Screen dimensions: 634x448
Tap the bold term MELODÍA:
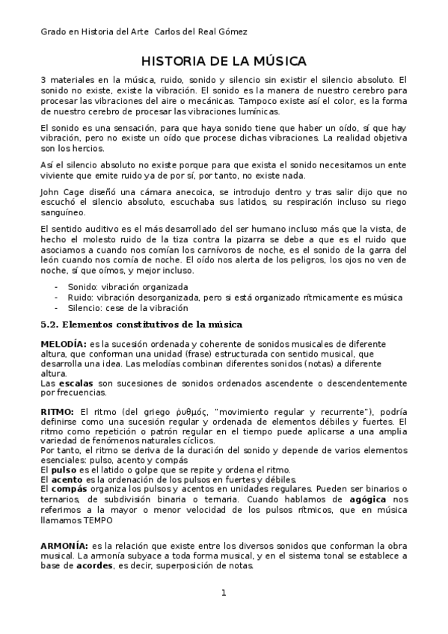coord(62,342)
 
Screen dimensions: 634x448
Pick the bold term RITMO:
coord(57,412)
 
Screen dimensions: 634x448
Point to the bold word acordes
coord(93,565)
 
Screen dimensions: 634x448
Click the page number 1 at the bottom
coord(224,594)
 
